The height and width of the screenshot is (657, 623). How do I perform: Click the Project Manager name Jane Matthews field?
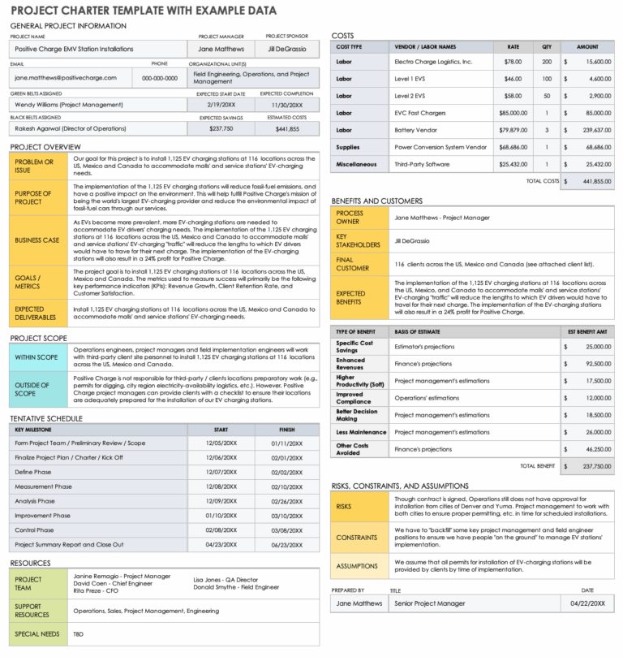221,49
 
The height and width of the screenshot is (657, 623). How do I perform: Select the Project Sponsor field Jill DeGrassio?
288,49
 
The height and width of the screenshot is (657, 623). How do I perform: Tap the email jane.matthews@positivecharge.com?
64,78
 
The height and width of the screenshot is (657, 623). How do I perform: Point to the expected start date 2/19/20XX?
221,105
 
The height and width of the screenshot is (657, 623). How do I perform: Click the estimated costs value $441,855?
288,129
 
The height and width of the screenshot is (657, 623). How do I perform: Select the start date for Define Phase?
221,472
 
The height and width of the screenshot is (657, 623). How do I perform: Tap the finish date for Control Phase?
287,529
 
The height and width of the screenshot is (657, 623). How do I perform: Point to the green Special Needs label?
37,633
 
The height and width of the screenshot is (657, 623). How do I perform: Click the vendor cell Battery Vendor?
418,130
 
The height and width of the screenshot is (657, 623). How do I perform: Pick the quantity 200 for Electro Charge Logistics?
547,62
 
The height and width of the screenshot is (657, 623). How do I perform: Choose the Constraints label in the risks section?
356,537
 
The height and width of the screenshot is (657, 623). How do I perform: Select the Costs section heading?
343,35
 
